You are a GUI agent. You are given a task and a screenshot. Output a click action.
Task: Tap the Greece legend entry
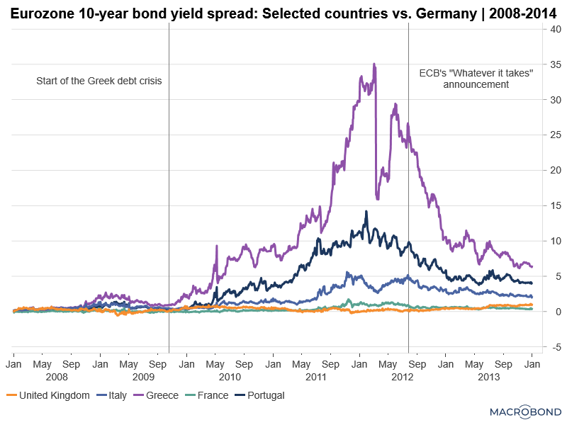tap(157, 395)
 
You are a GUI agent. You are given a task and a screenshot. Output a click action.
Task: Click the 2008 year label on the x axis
tap(57, 377)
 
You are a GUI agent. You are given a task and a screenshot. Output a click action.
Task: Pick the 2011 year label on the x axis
tap(315, 377)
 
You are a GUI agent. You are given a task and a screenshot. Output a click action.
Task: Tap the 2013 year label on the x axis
tap(489, 377)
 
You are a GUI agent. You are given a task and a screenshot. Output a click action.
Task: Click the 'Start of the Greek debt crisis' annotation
tap(99, 81)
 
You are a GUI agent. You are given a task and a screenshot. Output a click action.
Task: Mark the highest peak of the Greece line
tap(374, 64)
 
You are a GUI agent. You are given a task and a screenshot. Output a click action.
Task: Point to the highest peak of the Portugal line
tap(366, 211)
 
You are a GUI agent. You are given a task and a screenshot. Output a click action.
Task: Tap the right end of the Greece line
tap(532, 266)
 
